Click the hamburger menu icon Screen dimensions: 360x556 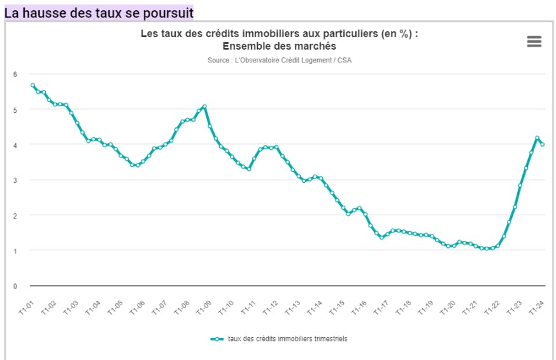click(x=534, y=41)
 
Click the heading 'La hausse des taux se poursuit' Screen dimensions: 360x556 click(x=99, y=12)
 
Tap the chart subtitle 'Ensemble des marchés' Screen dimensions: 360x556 click(x=279, y=47)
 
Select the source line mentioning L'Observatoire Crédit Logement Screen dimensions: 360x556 click(x=279, y=61)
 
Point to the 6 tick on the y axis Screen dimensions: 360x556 click(x=15, y=75)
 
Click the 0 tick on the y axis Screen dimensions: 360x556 click(x=15, y=286)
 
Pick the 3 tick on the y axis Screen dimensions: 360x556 click(x=15, y=180)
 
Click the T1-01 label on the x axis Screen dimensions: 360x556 click(x=25, y=307)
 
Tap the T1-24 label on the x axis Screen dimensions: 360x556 click(x=536, y=307)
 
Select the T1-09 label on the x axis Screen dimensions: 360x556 click(x=204, y=307)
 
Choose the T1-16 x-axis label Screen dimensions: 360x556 click(x=359, y=307)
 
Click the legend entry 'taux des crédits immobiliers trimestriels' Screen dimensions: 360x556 click(x=287, y=339)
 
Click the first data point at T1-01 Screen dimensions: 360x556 click(x=32, y=85)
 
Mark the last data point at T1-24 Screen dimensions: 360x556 click(x=542, y=144)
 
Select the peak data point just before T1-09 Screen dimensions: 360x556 click(x=204, y=106)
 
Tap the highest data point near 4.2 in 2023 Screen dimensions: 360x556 click(x=537, y=138)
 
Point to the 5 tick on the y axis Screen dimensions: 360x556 click(x=15, y=110)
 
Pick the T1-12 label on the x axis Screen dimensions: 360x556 click(x=271, y=307)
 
